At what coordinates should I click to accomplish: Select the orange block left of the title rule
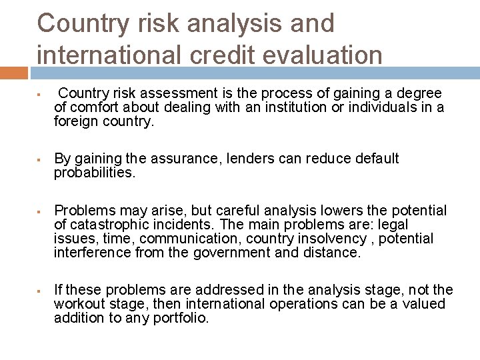click(x=13, y=72)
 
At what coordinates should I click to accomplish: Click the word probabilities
click(x=95, y=173)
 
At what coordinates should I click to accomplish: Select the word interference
click(x=93, y=253)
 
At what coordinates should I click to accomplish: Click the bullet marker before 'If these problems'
click(x=41, y=291)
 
